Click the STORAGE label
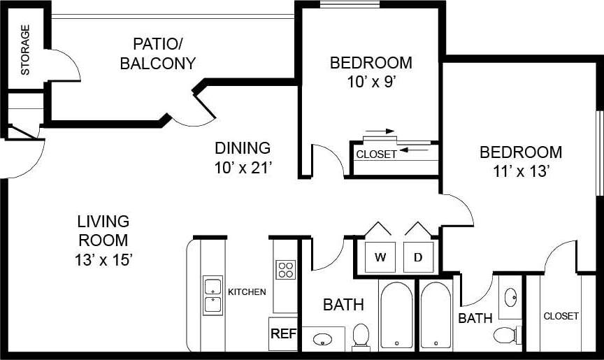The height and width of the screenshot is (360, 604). (x=25, y=50)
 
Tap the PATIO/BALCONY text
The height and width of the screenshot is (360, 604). (x=157, y=53)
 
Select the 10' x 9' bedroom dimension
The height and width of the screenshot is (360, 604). (x=371, y=81)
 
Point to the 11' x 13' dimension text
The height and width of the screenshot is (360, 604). (x=520, y=171)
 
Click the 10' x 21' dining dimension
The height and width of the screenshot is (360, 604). (x=242, y=168)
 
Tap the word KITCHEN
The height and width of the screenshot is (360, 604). (x=247, y=291)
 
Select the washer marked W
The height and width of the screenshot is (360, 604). (x=380, y=257)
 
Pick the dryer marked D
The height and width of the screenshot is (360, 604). (x=418, y=257)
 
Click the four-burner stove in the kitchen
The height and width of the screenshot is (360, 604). (x=286, y=269)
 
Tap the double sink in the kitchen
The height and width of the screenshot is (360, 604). (x=213, y=296)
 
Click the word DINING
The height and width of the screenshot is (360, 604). (x=242, y=148)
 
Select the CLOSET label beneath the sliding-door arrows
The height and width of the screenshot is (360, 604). (x=376, y=154)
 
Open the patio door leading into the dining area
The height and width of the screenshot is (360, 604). (x=199, y=112)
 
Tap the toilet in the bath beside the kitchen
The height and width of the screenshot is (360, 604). (x=361, y=336)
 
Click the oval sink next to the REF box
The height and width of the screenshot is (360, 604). (x=323, y=340)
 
